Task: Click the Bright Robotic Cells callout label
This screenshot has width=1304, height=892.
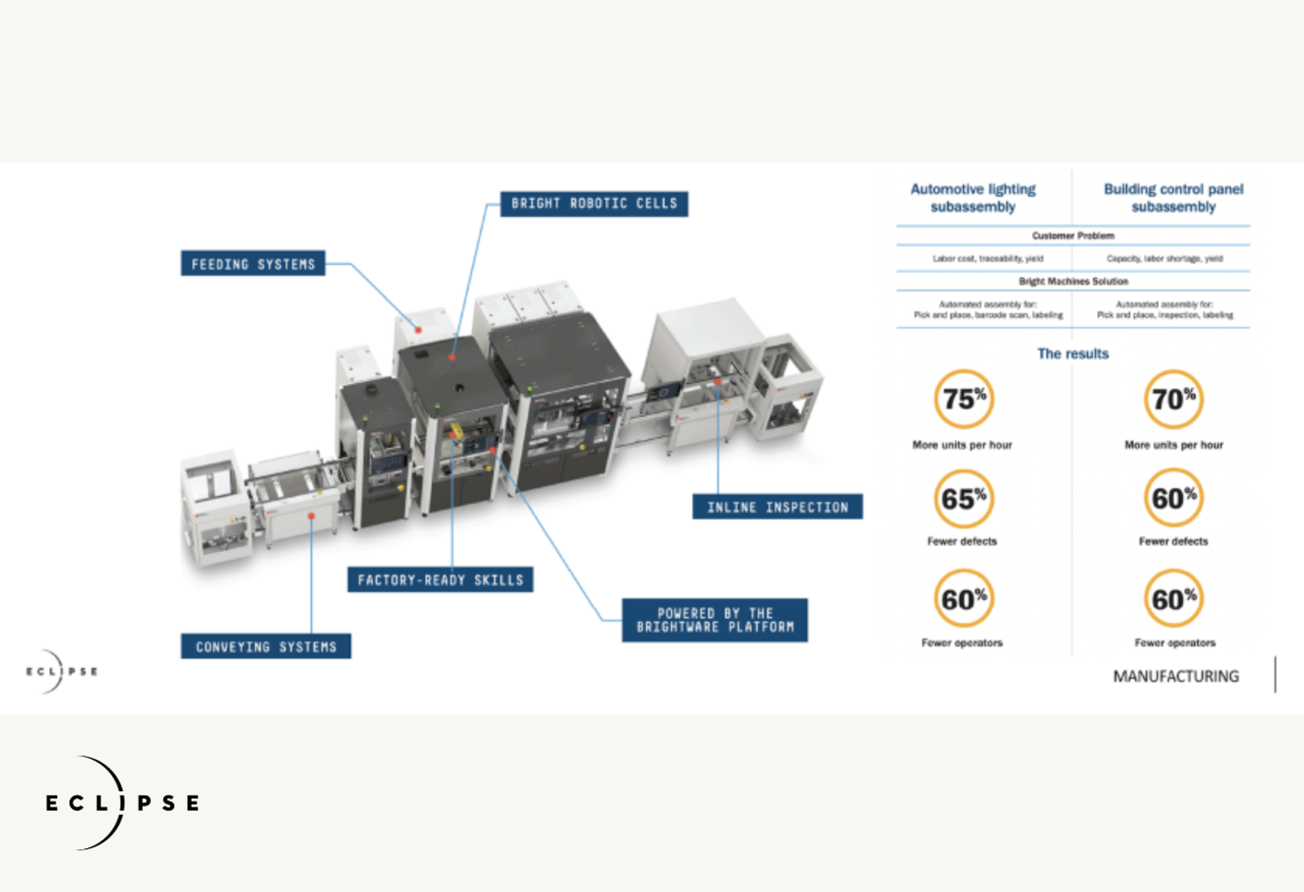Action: pyautogui.click(x=594, y=204)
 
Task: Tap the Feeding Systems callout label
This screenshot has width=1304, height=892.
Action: pyautogui.click(x=253, y=263)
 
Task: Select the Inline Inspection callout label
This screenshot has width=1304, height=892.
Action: pyautogui.click(x=777, y=507)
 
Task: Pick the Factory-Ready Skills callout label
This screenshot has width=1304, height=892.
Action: pyautogui.click(x=440, y=579)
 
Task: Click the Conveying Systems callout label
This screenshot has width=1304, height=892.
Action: pyautogui.click(x=266, y=646)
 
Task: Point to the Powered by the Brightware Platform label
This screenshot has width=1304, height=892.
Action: pyautogui.click(x=714, y=620)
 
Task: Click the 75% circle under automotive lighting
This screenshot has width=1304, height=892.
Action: pyautogui.click(x=963, y=399)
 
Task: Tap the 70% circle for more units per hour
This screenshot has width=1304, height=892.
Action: pyautogui.click(x=1173, y=399)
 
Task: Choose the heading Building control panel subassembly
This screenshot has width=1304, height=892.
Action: pyautogui.click(x=1173, y=198)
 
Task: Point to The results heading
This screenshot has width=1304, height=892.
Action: pyautogui.click(x=1073, y=353)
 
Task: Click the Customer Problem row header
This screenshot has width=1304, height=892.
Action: pyautogui.click(x=1073, y=236)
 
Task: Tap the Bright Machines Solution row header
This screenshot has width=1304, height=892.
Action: pyautogui.click(x=1073, y=281)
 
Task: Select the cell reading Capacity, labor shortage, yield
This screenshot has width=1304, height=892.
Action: pyautogui.click(x=1164, y=259)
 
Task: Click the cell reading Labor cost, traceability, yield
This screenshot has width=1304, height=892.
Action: pyautogui.click(x=988, y=259)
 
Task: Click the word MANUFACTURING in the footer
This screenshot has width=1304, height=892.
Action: pyautogui.click(x=1176, y=676)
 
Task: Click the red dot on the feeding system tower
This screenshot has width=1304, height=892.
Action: pyautogui.click(x=418, y=330)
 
